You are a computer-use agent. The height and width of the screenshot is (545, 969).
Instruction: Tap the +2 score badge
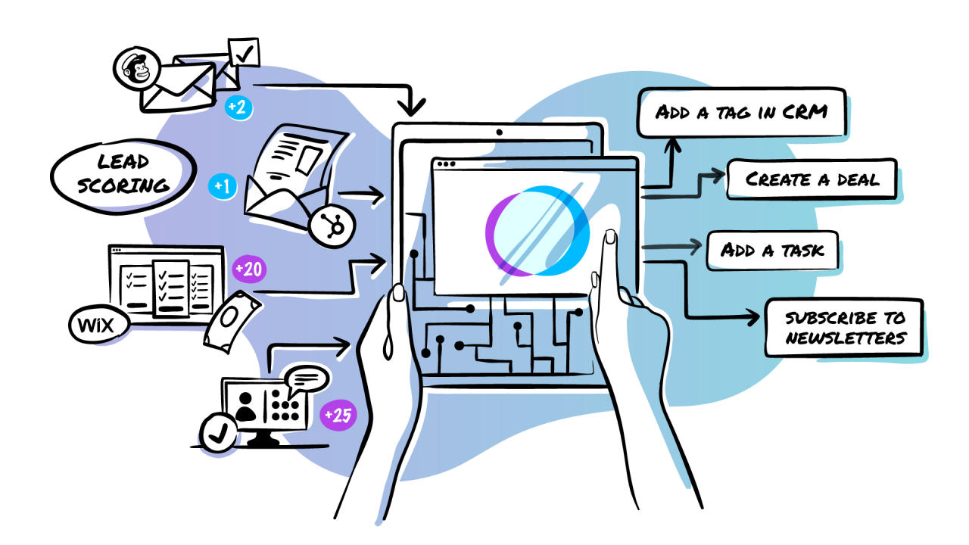239,107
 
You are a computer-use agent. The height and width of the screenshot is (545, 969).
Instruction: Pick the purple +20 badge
249,269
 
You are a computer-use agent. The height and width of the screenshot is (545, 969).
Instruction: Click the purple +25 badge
337,416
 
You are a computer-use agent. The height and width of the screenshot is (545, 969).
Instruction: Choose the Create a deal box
811,179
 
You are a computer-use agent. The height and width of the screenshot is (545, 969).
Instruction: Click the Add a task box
772,250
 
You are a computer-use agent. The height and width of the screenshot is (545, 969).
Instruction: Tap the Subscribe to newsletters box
844,328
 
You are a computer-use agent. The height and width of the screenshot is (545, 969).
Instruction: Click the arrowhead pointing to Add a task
692,246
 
